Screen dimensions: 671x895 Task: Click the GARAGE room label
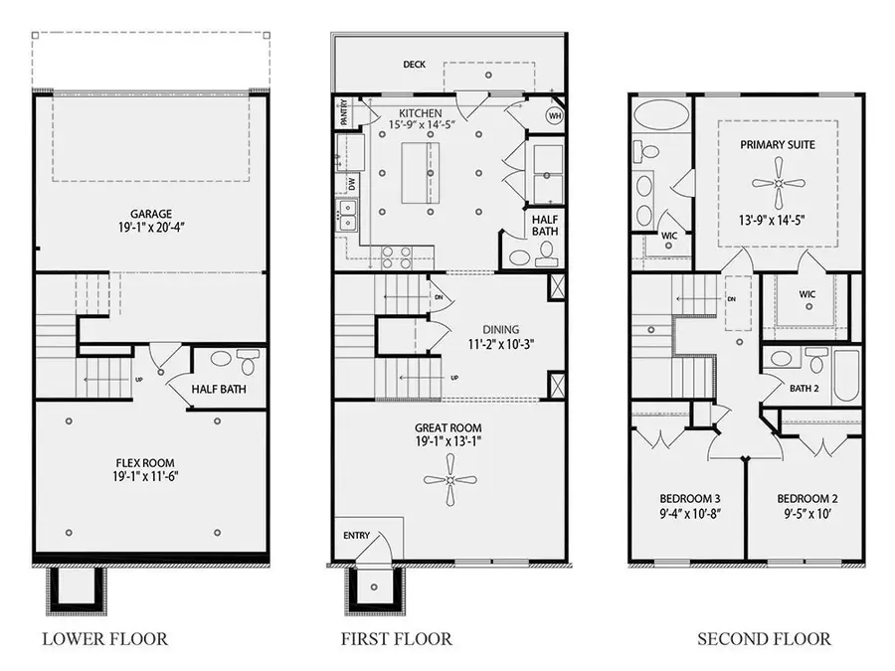151,214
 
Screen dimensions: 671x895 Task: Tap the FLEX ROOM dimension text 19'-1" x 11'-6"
151,476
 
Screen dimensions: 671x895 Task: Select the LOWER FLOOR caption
104,638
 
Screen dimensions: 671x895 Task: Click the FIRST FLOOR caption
396,638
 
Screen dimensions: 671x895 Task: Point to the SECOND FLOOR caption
764,638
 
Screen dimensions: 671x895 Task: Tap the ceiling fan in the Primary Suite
778,184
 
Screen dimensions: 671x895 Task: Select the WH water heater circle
553,116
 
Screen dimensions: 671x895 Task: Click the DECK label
415,65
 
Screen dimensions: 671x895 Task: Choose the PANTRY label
342,112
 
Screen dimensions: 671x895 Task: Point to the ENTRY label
356,536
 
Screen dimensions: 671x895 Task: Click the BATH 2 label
804,388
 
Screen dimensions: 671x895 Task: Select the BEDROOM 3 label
689,498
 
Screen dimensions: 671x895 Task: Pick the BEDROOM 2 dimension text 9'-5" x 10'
805,514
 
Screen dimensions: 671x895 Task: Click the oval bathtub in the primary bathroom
658,116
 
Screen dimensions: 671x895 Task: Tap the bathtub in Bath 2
846,375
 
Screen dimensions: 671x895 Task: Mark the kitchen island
420,173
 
